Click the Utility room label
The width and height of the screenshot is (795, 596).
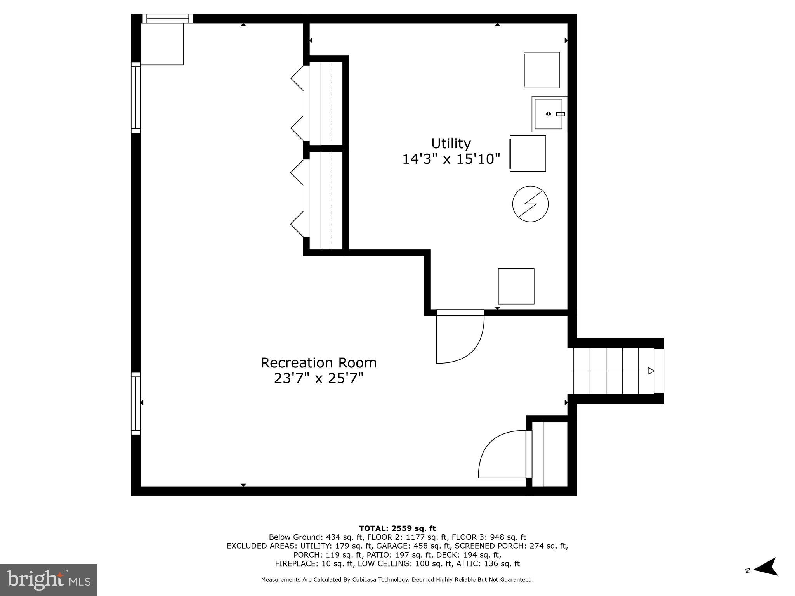[451, 144]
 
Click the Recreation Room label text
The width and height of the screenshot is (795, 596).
[318, 363]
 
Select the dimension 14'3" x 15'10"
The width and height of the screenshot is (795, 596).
[451, 159]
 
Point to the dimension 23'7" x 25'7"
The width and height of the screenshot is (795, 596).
[318, 378]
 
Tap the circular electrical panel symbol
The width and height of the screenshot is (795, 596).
[530, 204]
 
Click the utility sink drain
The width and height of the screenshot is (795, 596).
[549, 114]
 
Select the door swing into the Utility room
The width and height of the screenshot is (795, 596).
[460, 337]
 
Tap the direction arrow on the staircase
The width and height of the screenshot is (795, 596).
[651, 371]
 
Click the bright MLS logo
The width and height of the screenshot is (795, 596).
[49, 580]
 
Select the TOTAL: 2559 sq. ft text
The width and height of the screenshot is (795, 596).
[397, 528]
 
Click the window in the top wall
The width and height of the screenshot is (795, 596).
[167, 18]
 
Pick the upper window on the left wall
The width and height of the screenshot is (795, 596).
[135, 98]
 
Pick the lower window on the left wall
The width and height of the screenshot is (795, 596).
[135, 404]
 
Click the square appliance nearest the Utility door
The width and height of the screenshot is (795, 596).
[516, 286]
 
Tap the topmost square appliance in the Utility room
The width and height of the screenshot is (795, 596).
[542, 70]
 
